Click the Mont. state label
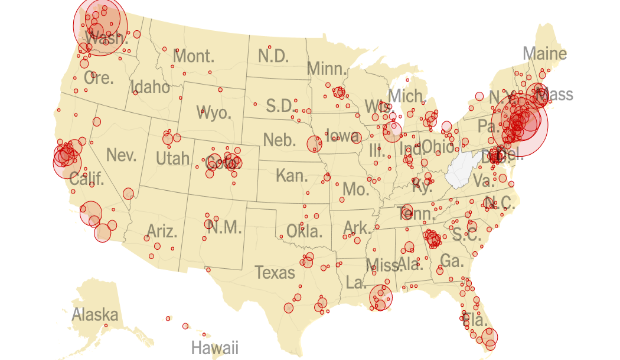(x=194, y=56)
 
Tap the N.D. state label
(x=274, y=56)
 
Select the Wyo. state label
(x=214, y=112)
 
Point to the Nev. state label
(x=121, y=156)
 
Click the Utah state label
(x=170, y=159)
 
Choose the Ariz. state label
(x=161, y=231)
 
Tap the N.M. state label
(x=224, y=227)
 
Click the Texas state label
(x=275, y=272)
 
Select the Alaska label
(x=95, y=315)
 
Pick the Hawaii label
(x=216, y=348)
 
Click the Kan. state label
(x=291, y=176)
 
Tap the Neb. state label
(x=280, y=140)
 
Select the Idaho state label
(x=151, y=88)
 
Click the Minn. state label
(x=326, y=68)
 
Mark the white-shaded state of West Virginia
(x=461, y=170)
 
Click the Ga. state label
(x=451, y=260)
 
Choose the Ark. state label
(x=355, y=228)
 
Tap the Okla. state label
(x=304, y=231)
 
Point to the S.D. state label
(x=279, y=105)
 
